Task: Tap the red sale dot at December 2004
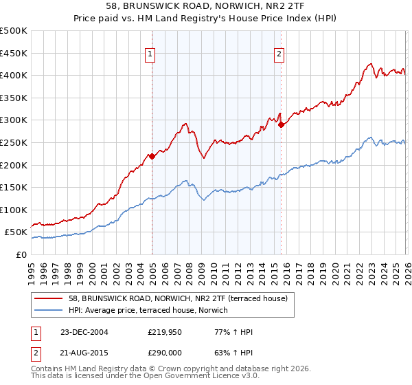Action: pyautogui.click(x=152, y=156)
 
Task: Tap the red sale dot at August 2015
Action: pyautogui.click(x=281, y=124)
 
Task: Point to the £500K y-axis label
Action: pyautogui.click(x=14, y=31)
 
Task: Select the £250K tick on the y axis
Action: pyautogui.click(x=14, y=142)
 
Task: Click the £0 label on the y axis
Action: pyautogui.click(x=21, y=254)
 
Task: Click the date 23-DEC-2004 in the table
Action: pyautogui.click(x=80, y=332)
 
